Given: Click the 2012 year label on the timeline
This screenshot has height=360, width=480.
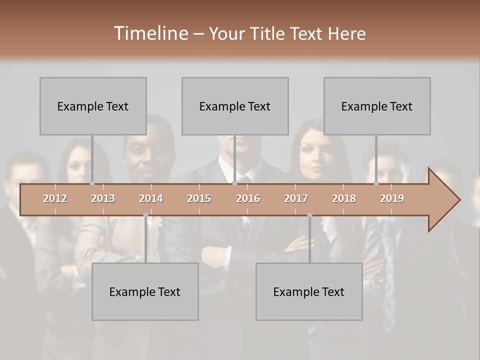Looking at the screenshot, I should pos(55,198).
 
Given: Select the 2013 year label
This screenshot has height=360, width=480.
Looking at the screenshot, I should pos(103,198).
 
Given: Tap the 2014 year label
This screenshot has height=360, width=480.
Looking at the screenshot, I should pos(151,198).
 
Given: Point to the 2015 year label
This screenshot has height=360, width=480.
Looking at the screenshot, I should pos(199,198).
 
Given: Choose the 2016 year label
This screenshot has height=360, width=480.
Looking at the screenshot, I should pos(248,198).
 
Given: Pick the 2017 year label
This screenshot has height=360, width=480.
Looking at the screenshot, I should pos(296,198).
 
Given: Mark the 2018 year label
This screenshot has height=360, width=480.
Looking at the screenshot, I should pos(344,198).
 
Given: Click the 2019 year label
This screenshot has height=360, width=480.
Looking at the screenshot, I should pos(392,198).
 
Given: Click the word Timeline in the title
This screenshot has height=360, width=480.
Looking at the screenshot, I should pos(150,33).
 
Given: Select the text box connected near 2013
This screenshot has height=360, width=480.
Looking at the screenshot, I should pos(93,106).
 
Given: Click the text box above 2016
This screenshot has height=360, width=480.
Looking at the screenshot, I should pos(235,106).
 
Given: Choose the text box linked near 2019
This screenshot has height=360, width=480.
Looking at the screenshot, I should pos(377,106).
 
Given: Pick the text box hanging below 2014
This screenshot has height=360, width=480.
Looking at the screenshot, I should pos(145,291).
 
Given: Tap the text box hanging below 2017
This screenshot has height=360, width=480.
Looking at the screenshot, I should pos(309,291).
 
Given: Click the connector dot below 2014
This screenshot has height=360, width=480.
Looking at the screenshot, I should pos(145,215).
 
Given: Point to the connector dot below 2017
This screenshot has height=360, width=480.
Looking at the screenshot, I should pos(309,215).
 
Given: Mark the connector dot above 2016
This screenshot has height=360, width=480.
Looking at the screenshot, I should pos(234,183).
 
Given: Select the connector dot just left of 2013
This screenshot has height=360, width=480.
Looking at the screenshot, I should pos(92,183).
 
